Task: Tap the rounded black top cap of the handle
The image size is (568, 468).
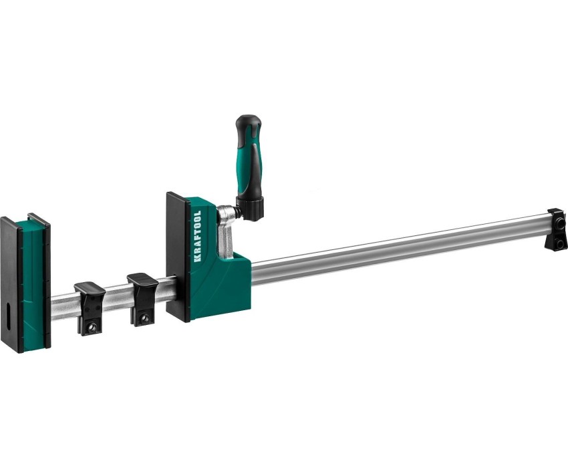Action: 248,124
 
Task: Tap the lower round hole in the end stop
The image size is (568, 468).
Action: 560,243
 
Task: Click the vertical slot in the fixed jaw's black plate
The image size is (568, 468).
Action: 8,316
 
